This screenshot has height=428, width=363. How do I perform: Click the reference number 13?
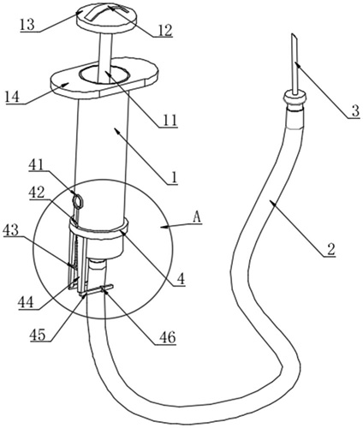(27, 26)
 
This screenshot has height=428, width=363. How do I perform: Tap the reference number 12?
(165, 31)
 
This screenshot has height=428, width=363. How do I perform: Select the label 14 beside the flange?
(13, 97)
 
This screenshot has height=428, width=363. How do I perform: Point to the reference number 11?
(170, 121)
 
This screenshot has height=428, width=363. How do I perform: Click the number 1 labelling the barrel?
(175, 177)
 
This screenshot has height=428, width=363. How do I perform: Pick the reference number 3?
(354, 111)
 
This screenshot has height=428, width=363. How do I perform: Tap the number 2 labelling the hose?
(330, 250)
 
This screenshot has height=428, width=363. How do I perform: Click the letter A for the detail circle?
(197, 218)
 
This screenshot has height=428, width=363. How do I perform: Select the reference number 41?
(36, 165)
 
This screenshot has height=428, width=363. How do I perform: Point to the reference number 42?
(37, 193)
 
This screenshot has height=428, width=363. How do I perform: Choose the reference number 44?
(26, 302)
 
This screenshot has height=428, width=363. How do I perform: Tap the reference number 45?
(38, 335)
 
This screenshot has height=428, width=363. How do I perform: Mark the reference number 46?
(168, 337)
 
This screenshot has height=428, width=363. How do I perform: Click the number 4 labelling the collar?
(181, 279)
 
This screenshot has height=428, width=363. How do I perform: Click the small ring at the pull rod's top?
(78, 199)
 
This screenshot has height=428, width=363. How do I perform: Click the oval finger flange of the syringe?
(104, 77)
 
